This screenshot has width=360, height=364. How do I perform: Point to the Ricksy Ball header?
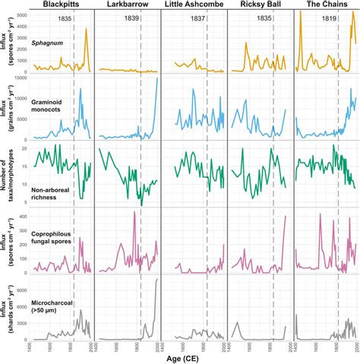click(260, 5)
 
